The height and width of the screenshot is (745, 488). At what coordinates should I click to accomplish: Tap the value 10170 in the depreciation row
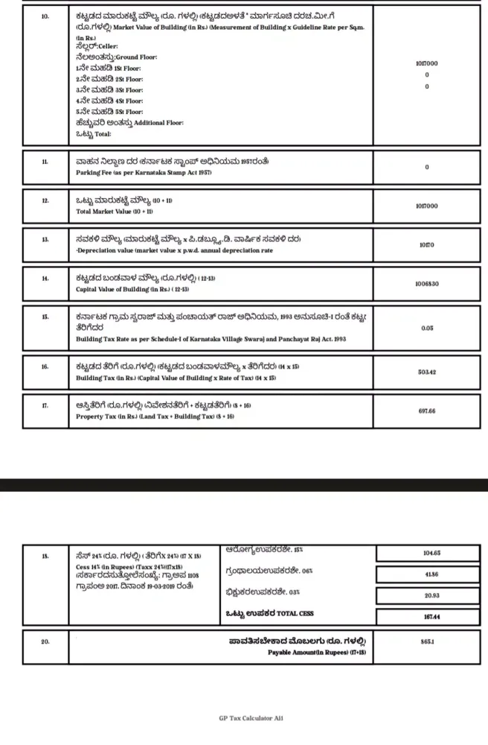[427, 243]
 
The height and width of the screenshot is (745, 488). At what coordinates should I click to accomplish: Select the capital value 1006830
[427, 284]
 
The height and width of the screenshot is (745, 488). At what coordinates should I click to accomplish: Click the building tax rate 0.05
[427, 328]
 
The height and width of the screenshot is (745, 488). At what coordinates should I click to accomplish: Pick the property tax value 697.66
[427, 411]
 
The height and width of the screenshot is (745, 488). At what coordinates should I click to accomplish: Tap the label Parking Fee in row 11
[96, 172]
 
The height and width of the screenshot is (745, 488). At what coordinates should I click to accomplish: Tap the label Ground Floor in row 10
[138, 57]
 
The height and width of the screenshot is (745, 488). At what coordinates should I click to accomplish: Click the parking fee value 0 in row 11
[427, 167]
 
